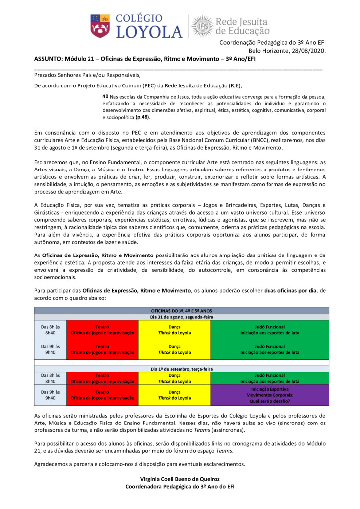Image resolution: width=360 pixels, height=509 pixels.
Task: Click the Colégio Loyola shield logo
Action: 98,25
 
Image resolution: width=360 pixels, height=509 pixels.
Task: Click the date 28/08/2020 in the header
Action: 309,51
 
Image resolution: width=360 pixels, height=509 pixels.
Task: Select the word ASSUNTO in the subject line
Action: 49,58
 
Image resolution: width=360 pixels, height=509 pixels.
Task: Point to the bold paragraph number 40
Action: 105,96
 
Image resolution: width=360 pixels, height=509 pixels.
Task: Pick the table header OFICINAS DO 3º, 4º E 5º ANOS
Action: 181,310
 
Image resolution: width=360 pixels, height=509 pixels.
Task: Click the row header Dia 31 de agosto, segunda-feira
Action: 181,317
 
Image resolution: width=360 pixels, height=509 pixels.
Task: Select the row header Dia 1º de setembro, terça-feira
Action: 181,369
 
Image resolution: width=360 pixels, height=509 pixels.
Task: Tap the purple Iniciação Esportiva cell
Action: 270,395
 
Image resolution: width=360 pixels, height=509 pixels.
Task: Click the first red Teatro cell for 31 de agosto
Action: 102,329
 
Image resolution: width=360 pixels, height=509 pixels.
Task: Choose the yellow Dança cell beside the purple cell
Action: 175,395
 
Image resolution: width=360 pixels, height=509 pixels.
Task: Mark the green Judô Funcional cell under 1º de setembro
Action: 270,378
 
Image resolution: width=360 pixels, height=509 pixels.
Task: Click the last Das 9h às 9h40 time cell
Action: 50,395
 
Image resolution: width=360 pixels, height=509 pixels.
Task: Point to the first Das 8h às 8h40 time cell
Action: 50,329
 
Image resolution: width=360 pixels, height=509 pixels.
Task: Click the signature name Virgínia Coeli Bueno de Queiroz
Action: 180,479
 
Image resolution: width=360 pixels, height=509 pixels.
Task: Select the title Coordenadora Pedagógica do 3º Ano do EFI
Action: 180,486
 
